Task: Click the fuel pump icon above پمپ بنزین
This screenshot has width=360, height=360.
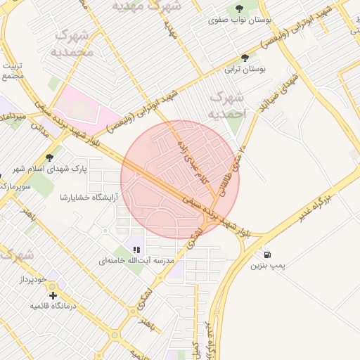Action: (267, 255)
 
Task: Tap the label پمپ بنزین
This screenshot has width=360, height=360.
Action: (267, 266)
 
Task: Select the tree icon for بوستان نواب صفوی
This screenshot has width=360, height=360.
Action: (239, 8)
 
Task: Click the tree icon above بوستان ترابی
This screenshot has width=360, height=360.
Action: (244, 58)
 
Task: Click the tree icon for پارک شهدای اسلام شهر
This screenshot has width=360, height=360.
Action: (49, 157)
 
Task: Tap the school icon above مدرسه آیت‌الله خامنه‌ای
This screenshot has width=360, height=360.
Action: (136, 249)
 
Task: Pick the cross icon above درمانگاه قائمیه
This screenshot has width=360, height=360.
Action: (52, 295)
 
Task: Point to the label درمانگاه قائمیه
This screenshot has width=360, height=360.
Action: (52, 307)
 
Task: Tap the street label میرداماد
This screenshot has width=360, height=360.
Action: (13, 116)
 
